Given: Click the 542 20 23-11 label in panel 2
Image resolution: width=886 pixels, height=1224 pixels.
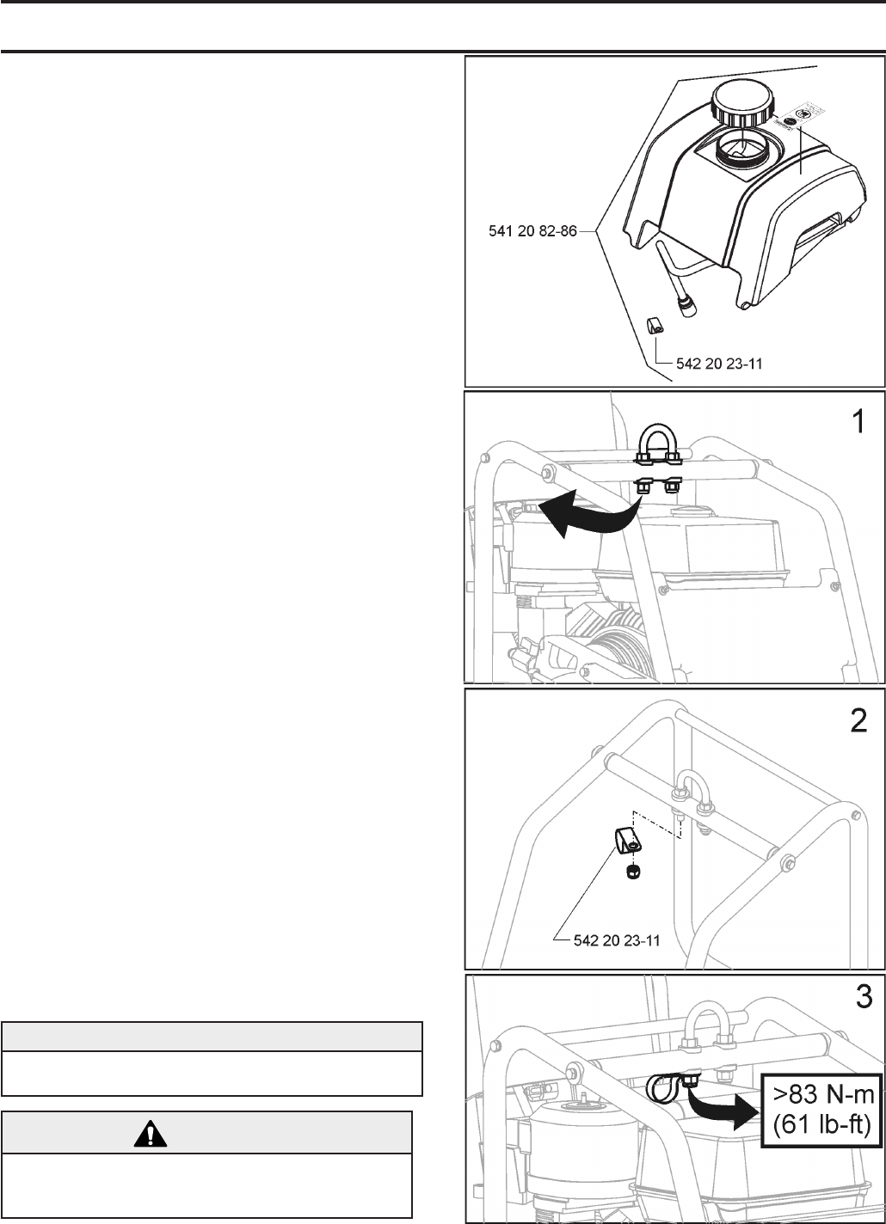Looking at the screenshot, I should [617, 940].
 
